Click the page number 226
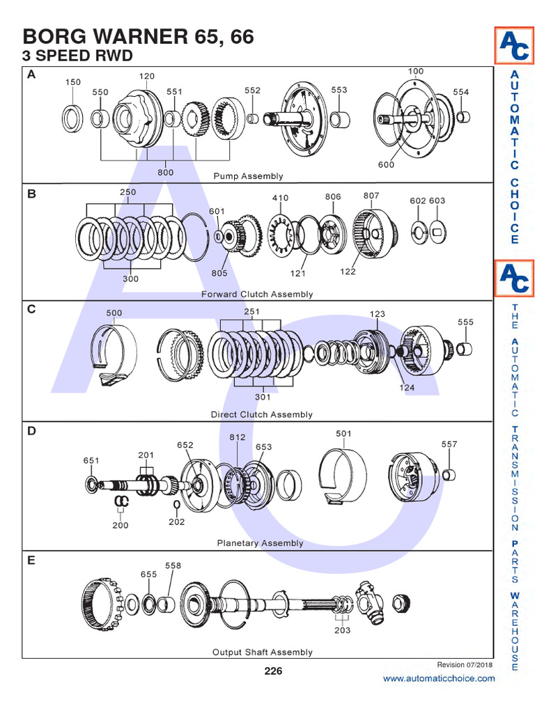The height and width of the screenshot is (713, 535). pos(273,671)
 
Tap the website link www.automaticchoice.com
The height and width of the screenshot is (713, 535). pos(439,678)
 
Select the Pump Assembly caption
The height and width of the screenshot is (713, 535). pos(248,176)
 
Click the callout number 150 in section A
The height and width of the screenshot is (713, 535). pos(73,82)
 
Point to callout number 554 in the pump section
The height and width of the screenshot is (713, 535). pos(461,92)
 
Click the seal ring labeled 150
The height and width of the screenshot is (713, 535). pos(72,118)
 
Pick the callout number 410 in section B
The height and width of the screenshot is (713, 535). pos(280,198)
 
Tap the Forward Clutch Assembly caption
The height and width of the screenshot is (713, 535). pos(257,295)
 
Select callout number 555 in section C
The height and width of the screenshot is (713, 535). pos(465,322)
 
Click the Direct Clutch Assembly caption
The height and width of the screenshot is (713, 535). pos(261,414)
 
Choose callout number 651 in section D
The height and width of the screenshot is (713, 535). pos(92,460)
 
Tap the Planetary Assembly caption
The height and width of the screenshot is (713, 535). pos(260,543)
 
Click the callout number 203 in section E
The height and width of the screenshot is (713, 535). pos(342,631)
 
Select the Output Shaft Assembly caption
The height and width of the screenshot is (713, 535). pos(262,652)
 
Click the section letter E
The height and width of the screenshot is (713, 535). pos(31,560)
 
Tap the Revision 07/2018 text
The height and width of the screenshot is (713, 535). pos(465,664)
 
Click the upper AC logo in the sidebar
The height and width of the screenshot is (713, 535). pos(514,47)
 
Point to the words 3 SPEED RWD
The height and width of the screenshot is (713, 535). pos(77,55)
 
